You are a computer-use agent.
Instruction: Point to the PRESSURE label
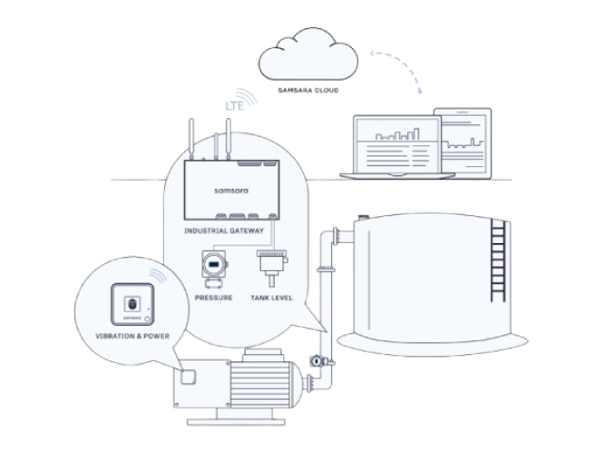click(213, 298)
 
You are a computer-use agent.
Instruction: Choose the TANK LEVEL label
click(270, 298)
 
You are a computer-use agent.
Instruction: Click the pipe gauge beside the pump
click(314, 360)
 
